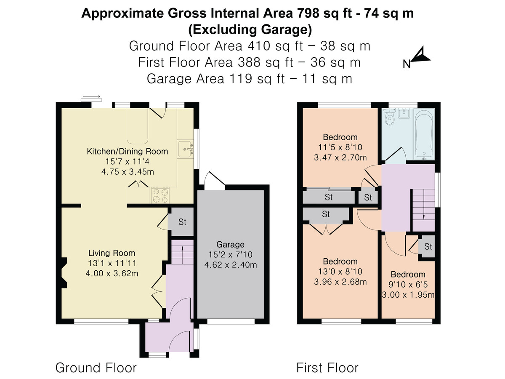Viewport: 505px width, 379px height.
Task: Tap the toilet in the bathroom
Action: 390,117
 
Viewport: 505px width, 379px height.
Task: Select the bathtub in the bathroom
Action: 424,134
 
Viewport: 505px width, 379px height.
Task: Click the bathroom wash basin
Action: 404,113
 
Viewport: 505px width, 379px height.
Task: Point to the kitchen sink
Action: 186,149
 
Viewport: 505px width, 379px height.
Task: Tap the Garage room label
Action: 230,244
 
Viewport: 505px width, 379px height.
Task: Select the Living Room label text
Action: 112,253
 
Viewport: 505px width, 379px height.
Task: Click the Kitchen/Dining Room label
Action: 128,152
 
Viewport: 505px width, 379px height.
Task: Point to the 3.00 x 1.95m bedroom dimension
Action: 408,295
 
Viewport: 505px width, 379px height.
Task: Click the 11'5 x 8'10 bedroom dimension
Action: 340,147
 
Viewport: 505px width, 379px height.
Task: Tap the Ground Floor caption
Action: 96,368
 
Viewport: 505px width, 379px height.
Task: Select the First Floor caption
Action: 327,368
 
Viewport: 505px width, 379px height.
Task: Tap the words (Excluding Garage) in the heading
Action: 250,29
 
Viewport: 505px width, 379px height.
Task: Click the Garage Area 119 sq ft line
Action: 250,79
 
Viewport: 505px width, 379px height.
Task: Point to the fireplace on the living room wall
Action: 64,273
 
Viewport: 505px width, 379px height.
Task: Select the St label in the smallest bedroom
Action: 428,247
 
